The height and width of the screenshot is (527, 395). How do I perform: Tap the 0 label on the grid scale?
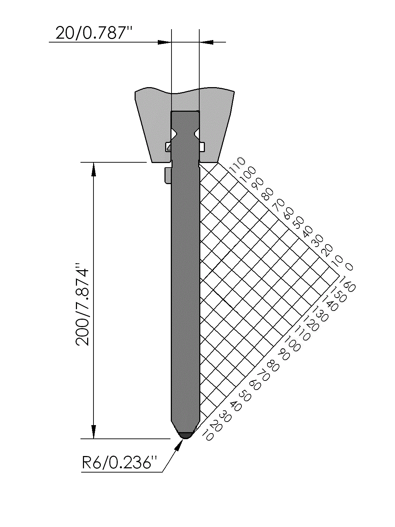[x=349, y=267]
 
